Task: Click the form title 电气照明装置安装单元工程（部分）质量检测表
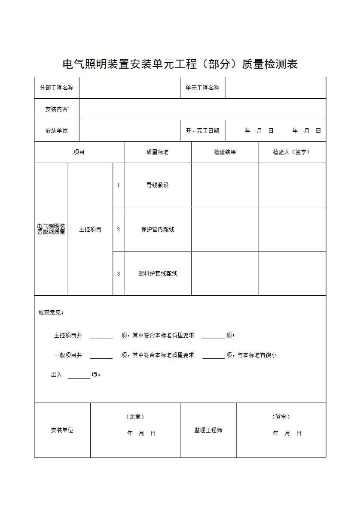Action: [x=180, y=64]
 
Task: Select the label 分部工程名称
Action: [x=57, y=88]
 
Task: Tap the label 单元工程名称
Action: [x=202, y=88]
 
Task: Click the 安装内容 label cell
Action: [x=57, y=109]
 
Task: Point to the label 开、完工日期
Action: [x=202, y=130]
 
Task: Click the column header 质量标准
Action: [x=157, y=152]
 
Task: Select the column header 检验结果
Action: [x=225, y=152]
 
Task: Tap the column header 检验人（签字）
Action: [x=292, y=152]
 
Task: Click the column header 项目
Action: [x=79, y=152]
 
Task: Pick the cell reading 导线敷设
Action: [x=157, y=185]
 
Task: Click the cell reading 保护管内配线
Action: [x=157, y=229]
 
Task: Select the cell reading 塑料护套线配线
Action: [x=157, y=273]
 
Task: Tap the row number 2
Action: [x=119, y=229]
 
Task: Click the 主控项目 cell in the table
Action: [x=90, y=229]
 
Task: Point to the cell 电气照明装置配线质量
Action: [x=51, y=229]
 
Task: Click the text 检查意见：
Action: [x=51, y=312]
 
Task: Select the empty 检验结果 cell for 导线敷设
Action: [x=225, y=185]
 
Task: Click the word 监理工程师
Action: [x=208, y=430]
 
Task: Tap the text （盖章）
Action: [x=135, y=417]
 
